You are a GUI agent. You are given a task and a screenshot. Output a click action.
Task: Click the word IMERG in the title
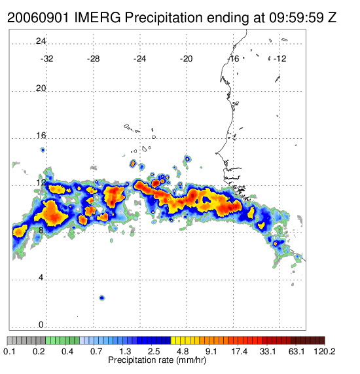click(98, 18)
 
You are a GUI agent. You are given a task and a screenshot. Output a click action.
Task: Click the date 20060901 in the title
click(38, 18)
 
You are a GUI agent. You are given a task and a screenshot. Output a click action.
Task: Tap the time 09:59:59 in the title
click(296, 18)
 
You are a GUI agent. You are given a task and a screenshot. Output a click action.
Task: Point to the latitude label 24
click(41, 41)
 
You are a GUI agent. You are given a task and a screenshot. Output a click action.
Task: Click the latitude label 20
click(41, 88)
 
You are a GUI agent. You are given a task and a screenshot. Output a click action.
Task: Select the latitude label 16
click(41, 136)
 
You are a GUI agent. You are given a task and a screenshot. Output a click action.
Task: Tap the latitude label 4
click(41, 278)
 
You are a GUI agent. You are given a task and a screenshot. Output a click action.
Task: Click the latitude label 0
click(41, 325)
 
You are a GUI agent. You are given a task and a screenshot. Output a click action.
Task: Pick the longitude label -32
click(46, 59)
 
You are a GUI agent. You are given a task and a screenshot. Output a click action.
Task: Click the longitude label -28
click(93, 59)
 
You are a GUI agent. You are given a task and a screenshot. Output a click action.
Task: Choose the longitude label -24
click(139, 59)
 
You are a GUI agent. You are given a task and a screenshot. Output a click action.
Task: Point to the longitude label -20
click(186, 59)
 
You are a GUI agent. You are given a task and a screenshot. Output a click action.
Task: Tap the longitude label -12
click(279, 59)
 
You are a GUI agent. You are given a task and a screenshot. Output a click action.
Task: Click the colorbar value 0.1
click(10, 351)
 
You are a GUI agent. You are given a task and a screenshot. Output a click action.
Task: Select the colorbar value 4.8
click(183, 351)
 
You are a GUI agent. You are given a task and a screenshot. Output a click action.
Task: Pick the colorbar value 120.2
click(324, 351)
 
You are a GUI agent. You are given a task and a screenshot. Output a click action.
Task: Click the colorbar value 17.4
click(240, 351)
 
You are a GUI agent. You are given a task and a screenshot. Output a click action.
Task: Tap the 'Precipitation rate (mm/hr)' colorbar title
click(157, 360)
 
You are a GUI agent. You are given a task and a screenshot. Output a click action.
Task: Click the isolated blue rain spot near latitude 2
click(102, 297)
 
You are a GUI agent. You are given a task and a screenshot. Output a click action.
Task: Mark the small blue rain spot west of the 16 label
click(43, 150)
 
